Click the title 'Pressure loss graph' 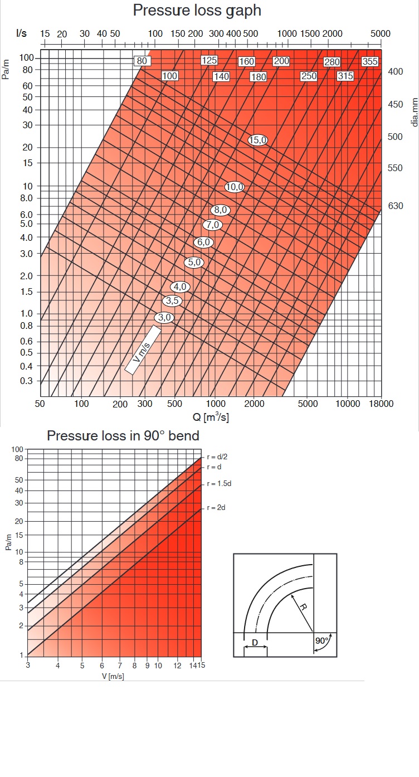point(197,10)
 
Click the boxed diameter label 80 point(142,61)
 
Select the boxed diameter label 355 point(370,61)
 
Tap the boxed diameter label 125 point(209,60)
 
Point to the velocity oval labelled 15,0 point(258,140)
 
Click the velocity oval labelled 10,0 point(235,187)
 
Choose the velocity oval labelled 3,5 point(172,301)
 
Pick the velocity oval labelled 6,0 point(203,242)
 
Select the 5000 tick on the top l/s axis point(381,33)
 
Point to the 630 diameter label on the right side point(396,206)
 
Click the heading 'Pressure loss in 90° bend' point(123,436)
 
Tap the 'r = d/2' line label point(217,457)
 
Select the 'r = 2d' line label point(216,508)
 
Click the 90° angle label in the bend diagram point(322,641)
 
